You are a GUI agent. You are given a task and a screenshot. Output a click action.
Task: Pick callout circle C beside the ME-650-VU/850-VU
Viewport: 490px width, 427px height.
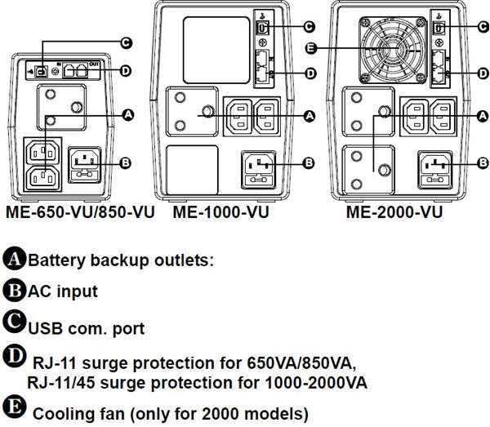[x=126, y=42]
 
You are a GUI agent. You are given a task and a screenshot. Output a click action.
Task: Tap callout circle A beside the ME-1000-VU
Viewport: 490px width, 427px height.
[x=308, y=118]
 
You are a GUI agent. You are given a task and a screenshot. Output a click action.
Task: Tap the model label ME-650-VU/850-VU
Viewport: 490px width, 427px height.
[x=80, y=213]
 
